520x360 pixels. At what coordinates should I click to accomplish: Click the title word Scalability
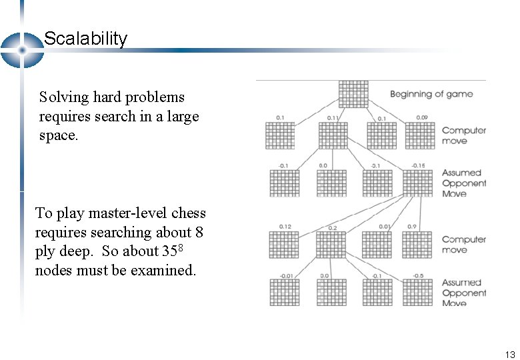coord(85,39)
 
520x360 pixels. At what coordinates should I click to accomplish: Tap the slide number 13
coord(510,355)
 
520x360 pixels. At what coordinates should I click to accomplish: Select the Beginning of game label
coord(431,94)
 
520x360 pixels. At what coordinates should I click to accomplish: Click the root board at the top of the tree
coord(353,94)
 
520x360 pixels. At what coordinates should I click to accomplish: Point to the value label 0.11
coord(333,118)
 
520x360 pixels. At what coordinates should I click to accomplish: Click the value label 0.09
coord(422,118)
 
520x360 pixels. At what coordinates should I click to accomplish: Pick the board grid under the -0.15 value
coord(418,183)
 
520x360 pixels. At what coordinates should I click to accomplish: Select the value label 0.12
coord(285,227)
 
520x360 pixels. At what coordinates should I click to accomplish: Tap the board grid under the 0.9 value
coord(418,244)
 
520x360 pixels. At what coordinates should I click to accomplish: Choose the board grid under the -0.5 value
coord(418,292)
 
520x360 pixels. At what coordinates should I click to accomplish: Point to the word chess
coord(189,213)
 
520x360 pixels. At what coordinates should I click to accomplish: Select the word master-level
coord(128,213)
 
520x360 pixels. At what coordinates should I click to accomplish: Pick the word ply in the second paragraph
coord(45,252)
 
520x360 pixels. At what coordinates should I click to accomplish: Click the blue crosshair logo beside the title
coord(21,50)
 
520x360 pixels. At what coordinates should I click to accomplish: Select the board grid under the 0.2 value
coord(332,244)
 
